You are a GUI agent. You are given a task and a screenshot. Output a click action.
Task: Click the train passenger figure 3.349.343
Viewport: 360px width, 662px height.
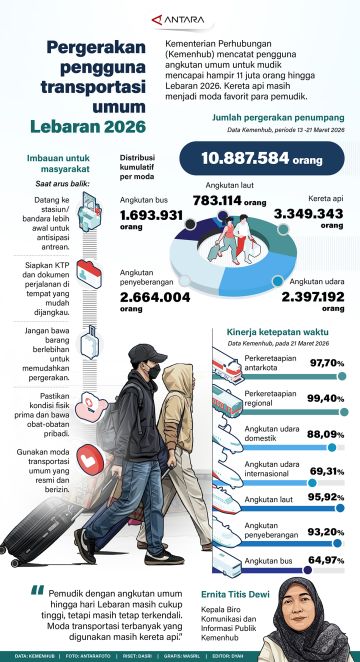[308, 214]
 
